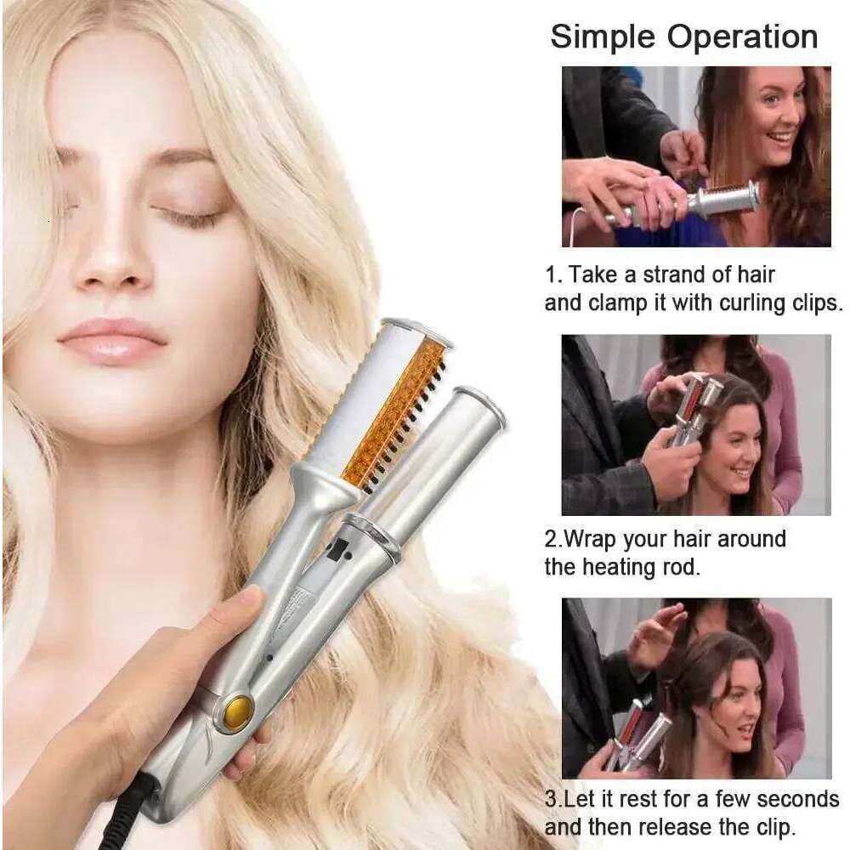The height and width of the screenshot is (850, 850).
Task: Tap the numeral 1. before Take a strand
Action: pos(552,275)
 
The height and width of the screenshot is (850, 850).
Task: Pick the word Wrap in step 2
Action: pos(592,539)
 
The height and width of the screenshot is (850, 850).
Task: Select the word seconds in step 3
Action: pos(799,799)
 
